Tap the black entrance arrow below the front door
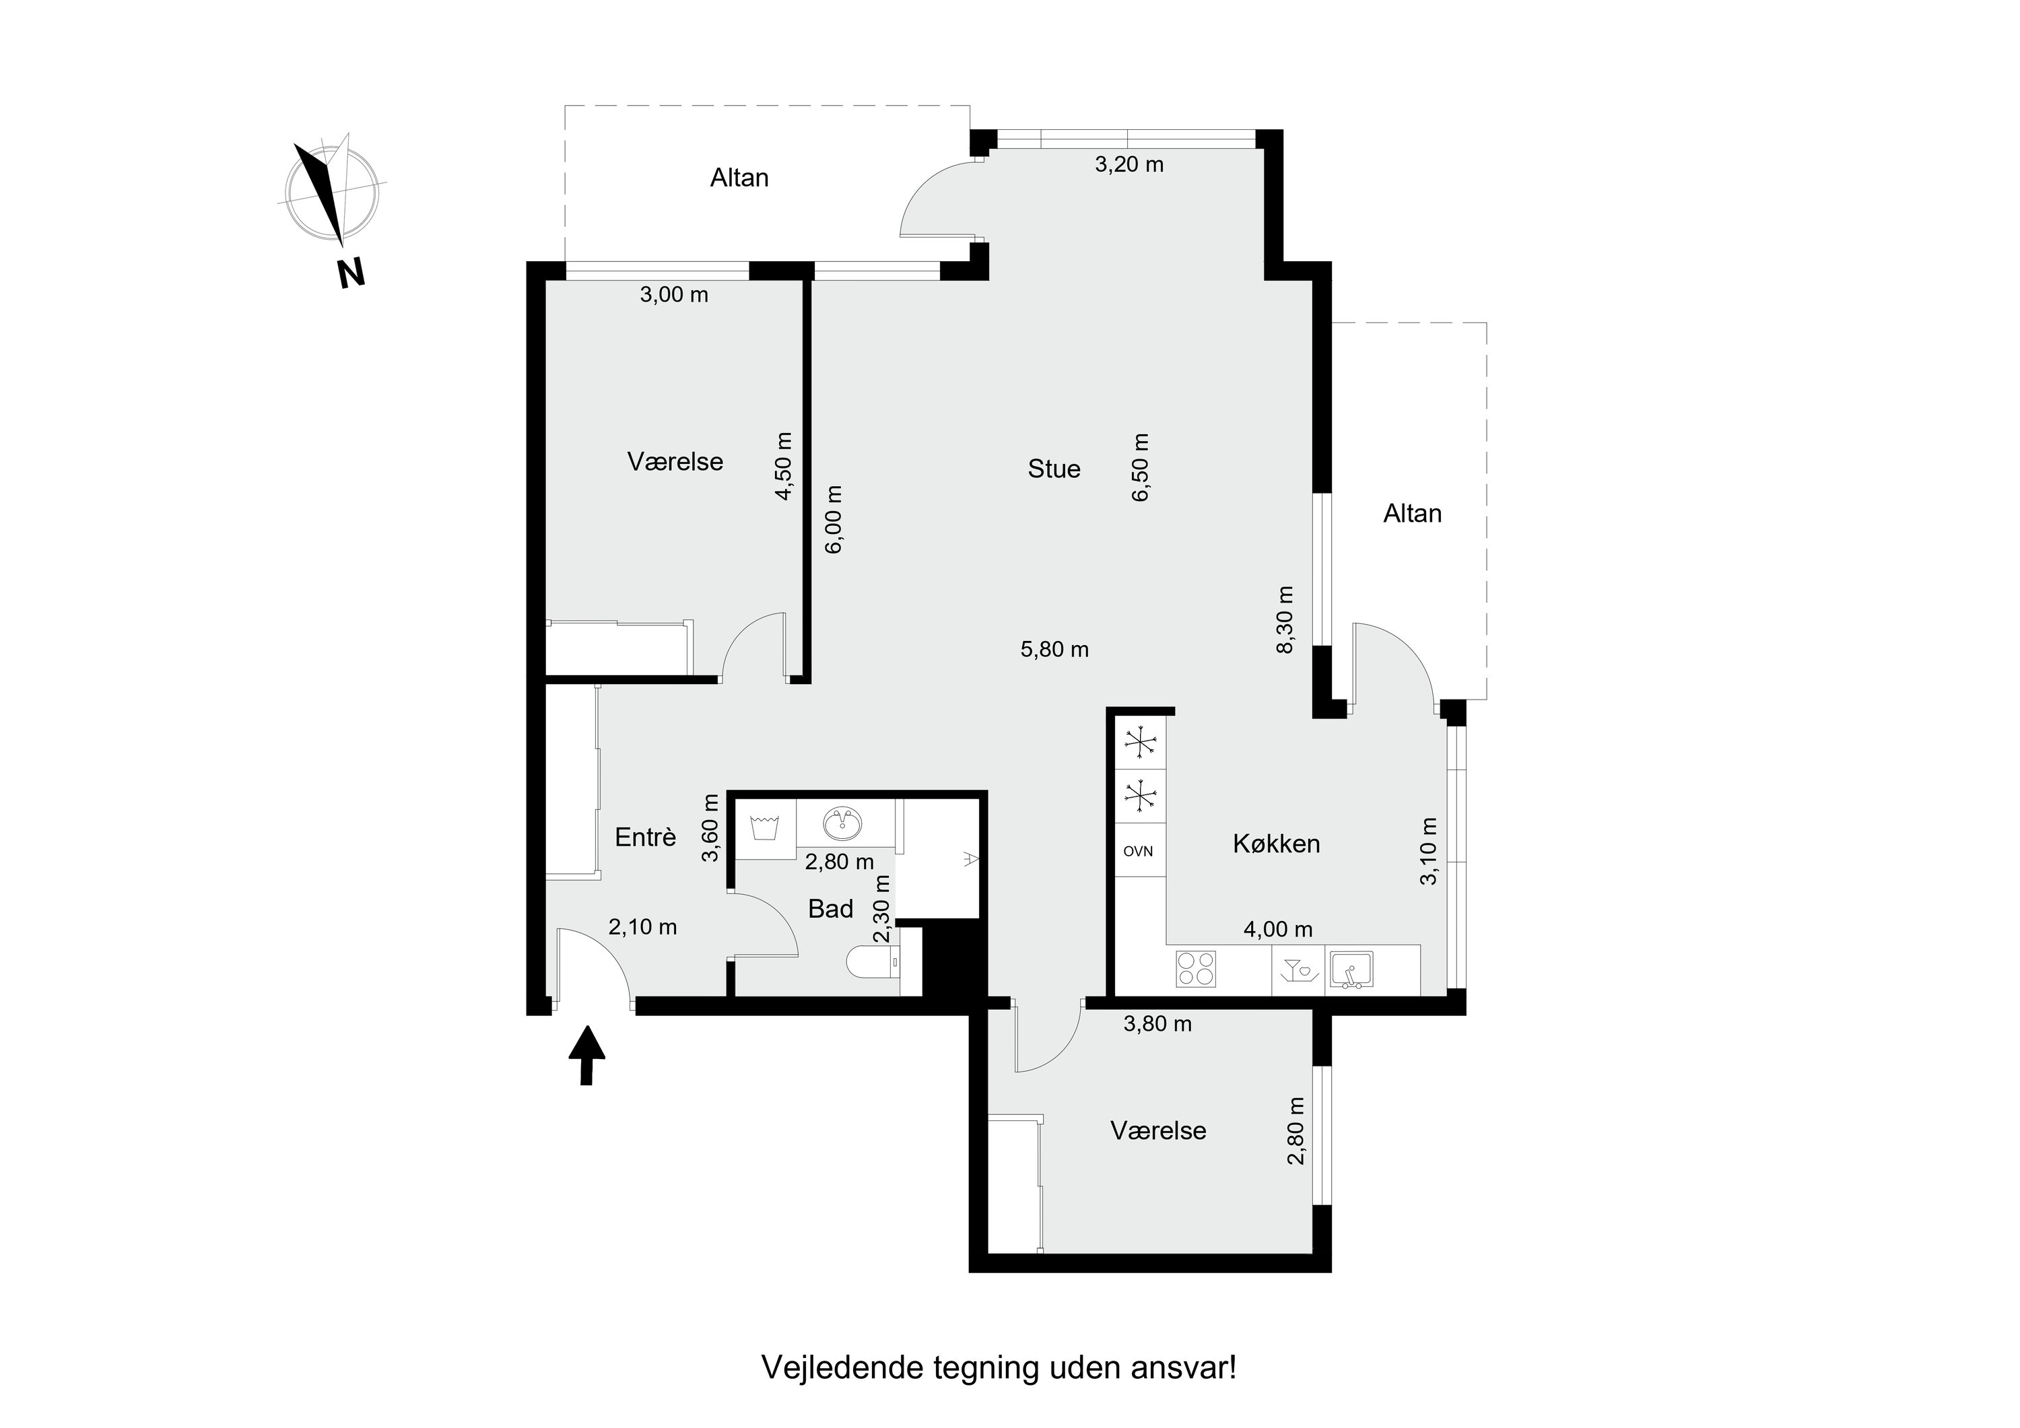(x=587, y=1055)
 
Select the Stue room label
(x=1053, y=469)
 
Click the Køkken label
(x=1276, y=844)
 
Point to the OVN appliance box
(x=1139, y=851)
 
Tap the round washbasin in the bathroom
(x=844, y=823)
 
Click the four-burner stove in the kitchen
(x=1196, y=968)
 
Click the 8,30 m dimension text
(x=1285, y=619)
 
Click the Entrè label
(x=645, y=838)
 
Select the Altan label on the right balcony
(x=1412, y=514)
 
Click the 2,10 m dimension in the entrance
(x=642, y=926)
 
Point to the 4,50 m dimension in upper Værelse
(x=783, y=467)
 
